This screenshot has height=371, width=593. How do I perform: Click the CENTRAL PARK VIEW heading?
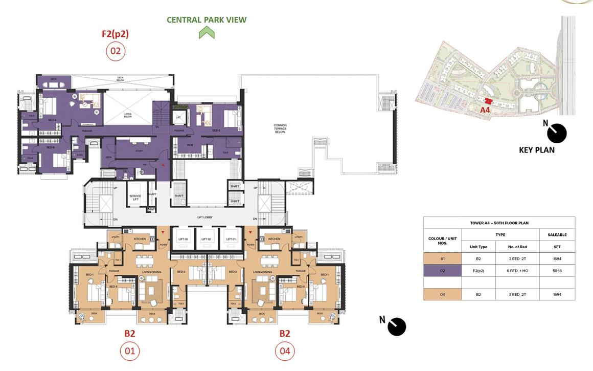tap(207, 20)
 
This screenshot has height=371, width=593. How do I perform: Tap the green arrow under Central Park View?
tap(207, 33)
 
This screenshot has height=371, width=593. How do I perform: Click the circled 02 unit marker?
tap(115, 51)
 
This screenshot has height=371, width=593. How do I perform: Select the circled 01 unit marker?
tap(130, 351)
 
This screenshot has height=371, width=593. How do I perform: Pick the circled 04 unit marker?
tap(285, 351)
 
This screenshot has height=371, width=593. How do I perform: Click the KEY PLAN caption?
tap(536, 150)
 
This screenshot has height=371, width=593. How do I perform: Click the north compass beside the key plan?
tap(556, 133)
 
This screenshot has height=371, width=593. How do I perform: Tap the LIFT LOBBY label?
tap(204, 217)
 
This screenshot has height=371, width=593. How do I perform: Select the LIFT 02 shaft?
tap(207, 239)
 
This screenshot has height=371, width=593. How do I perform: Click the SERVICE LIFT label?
tap(135, 199)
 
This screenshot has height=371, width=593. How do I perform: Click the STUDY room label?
tap(139, 151)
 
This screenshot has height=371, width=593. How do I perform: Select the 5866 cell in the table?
tap(557, 271)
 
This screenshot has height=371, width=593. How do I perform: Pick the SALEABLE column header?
tap(557, 235)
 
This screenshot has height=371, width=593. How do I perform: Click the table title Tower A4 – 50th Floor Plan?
tap(499, 223)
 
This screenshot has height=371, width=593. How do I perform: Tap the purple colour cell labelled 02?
tap(442, 271)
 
